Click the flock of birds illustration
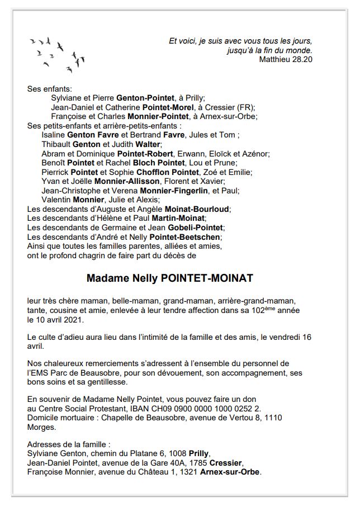click(57, 54)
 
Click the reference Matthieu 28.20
click(286, 59)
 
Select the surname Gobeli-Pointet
click(191, 228)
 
